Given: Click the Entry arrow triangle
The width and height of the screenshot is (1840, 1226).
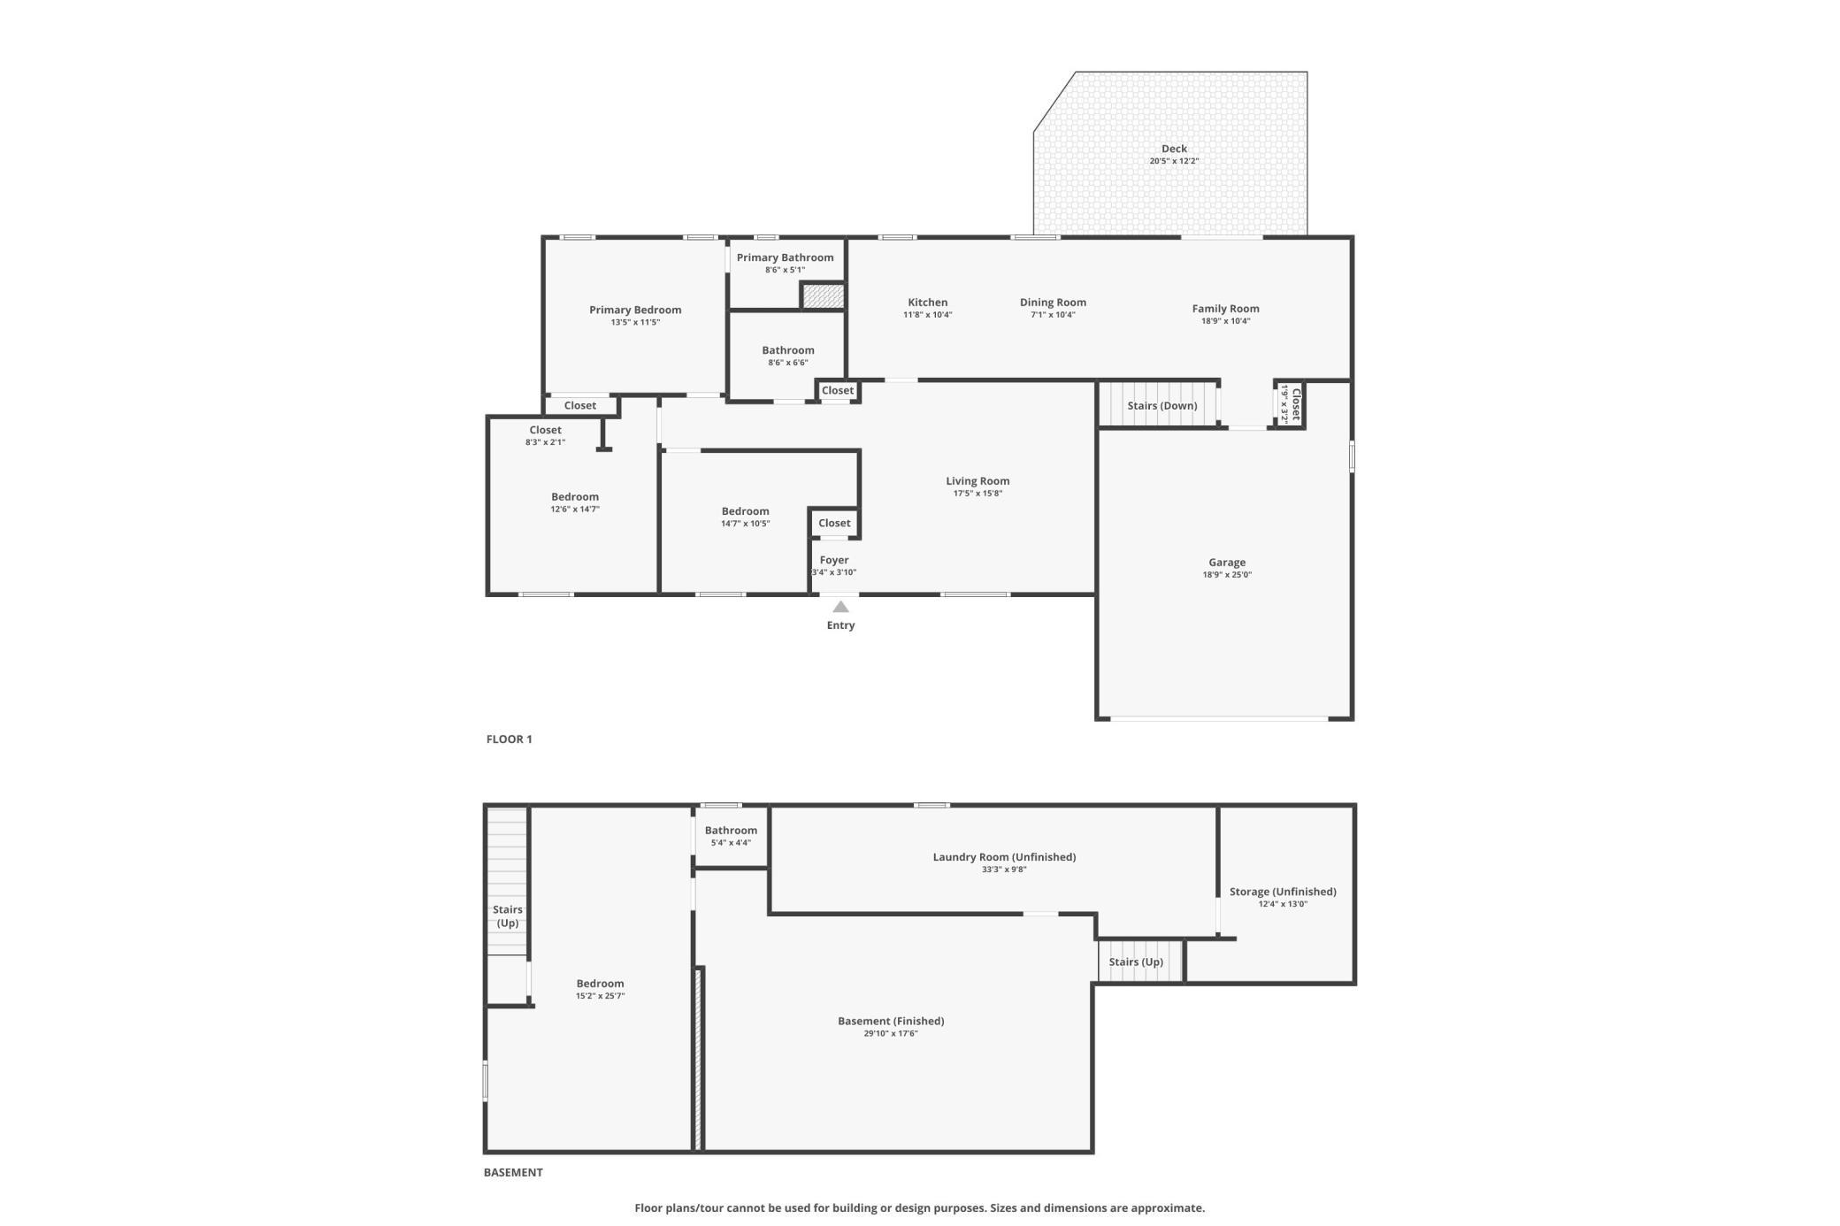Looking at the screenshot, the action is [840, 607].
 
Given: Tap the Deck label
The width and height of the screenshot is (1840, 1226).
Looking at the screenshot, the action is [1174, 149].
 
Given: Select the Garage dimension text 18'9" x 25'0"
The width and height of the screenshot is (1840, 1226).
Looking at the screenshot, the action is [1227, 575].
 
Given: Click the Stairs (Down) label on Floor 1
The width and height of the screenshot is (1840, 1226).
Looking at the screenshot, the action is [1161, 406].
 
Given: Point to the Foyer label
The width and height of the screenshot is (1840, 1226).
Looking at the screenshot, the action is [834, 560].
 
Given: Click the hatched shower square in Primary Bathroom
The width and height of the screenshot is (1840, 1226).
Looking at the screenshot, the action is [824, 295].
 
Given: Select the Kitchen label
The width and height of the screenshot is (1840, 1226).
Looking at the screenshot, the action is [927, 303].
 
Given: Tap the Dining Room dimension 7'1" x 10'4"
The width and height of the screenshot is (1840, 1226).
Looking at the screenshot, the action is [1053, 315].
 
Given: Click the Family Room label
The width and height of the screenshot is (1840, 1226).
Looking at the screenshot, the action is [1225, 309].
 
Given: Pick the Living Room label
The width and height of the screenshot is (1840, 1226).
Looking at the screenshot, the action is [977, 481].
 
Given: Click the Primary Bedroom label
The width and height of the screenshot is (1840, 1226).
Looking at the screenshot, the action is [635, 310].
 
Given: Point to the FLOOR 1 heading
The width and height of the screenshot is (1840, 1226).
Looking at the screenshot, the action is [510, 739].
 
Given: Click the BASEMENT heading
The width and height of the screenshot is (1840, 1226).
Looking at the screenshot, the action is [513, 1173].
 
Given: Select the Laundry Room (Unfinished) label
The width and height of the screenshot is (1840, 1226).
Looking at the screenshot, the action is [1004, 857].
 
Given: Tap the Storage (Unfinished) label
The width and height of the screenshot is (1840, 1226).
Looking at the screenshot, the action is [1283, 892].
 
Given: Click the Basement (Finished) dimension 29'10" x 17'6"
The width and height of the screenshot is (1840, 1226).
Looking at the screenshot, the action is [891, 1034].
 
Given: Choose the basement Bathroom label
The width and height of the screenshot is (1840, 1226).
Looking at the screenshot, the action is [731, 831].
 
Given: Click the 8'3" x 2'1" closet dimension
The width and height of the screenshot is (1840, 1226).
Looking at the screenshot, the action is [545, 442].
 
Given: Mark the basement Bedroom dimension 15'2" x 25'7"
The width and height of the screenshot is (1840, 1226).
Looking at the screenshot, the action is [600, 997].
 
